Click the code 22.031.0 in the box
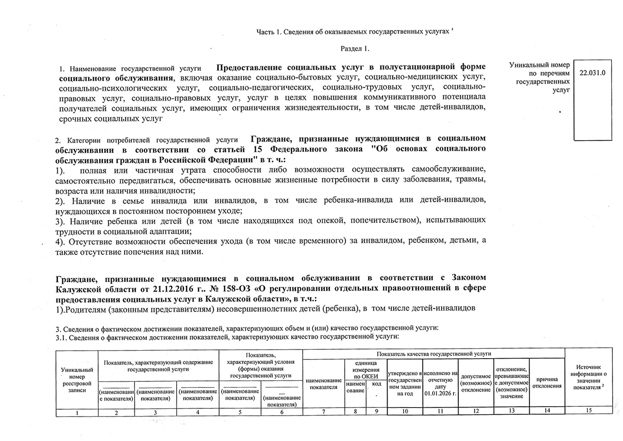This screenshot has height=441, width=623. click(593, 73)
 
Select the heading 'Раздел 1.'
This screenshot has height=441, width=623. click(355, 49)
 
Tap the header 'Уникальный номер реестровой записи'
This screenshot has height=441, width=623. click(77, 380)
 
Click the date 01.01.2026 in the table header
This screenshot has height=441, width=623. click(440, 394)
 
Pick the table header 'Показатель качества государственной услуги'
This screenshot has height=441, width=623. click(433, 354)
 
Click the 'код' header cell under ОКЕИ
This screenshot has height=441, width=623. click(376, 384)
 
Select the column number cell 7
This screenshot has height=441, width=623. click(324, 412)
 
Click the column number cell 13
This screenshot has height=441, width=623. click(511, 411)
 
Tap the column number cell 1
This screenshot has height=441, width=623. click(77, 412)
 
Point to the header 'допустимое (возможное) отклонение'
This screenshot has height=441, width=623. click(476, 383)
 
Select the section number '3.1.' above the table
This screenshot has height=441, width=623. click(61, 337)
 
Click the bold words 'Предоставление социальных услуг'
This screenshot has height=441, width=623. click(288, 67)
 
